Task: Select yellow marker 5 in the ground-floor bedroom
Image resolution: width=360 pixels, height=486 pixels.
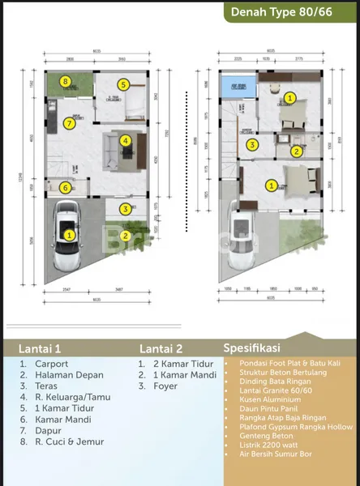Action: coord(123,83)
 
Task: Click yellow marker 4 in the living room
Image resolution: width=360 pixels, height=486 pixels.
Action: coord(125,141)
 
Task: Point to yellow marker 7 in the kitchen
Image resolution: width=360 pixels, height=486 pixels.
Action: coord(68,123)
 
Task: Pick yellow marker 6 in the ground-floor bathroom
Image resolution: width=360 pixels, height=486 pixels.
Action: coord(65,189)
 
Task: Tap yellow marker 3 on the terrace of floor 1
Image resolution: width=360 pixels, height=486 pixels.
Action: coord(125,209)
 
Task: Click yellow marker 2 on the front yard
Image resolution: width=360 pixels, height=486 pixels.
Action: coord(125,237)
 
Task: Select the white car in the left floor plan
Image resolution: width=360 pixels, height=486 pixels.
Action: coord(69,235)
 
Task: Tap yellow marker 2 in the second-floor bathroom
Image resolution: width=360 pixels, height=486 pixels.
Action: coord(297,151)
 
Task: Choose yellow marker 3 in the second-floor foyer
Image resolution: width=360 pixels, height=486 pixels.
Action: coord(253,146)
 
